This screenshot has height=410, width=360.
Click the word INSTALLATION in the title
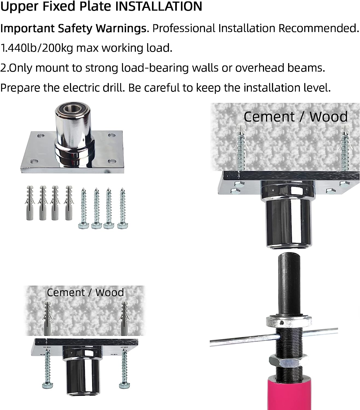click(x=159, y=6)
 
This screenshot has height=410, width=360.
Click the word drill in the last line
click(x=114, y=88)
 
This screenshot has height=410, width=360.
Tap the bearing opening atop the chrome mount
click(x=72, y=109)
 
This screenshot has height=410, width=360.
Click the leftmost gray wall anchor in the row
click(x=30, y=203)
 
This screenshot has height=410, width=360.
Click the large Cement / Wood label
click(x=295, y=117)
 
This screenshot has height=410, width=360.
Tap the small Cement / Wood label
click(x=85, y=292)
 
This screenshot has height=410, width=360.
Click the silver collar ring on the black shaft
click(x=289, y=321)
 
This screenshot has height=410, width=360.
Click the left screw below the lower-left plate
click(x=48, y=371)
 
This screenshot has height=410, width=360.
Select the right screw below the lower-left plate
click(x=124, y=371)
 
